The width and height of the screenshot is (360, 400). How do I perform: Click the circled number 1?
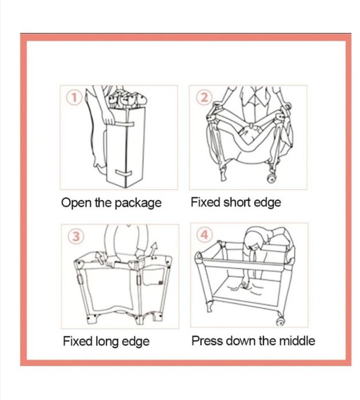(74, 98)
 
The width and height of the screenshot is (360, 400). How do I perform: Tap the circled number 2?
(204, 98)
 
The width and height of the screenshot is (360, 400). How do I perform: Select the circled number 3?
(75, 237)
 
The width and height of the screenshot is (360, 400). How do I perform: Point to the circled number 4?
(205, 235)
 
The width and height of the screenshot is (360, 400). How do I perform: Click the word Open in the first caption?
(76, 203)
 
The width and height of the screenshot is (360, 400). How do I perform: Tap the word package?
(138, 203)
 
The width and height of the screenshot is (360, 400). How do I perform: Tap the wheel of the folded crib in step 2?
(271, 178)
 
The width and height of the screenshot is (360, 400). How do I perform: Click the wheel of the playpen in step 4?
(280, 322)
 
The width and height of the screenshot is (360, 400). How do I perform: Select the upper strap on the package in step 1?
(124, 124)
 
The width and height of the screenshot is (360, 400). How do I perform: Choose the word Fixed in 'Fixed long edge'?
(78, 341)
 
